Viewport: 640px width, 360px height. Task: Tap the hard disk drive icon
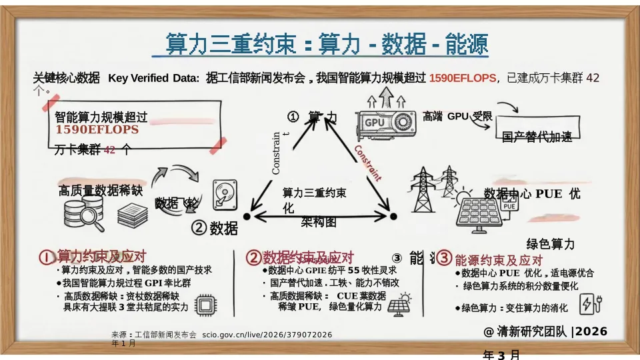(223, 195)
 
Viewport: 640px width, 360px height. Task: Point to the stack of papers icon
(133, 215)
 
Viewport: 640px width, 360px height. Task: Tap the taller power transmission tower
(422, 189)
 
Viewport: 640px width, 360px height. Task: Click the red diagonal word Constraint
(367, 163)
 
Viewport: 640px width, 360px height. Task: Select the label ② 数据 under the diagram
(215, 229)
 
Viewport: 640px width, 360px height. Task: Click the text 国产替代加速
(537, 137)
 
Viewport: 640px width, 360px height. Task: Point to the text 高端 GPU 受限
(457, 117)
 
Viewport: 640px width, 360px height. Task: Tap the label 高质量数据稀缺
(101, 191)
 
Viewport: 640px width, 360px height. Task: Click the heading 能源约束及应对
(499, 260)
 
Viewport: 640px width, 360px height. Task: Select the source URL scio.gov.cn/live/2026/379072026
(267, 334)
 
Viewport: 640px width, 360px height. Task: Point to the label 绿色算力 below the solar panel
(550, 244)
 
